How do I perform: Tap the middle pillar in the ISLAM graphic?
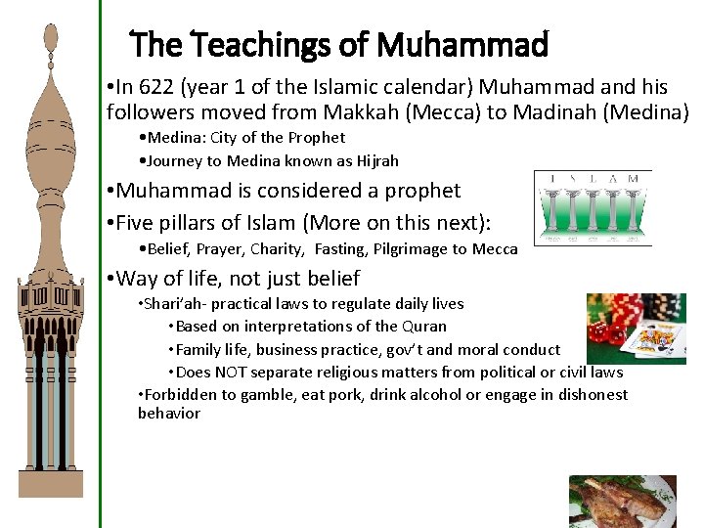click(594, 215)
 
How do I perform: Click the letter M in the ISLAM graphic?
click(634, 178)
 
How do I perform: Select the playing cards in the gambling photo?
click(654, 343)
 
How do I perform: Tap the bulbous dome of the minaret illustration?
click(50, 127)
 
